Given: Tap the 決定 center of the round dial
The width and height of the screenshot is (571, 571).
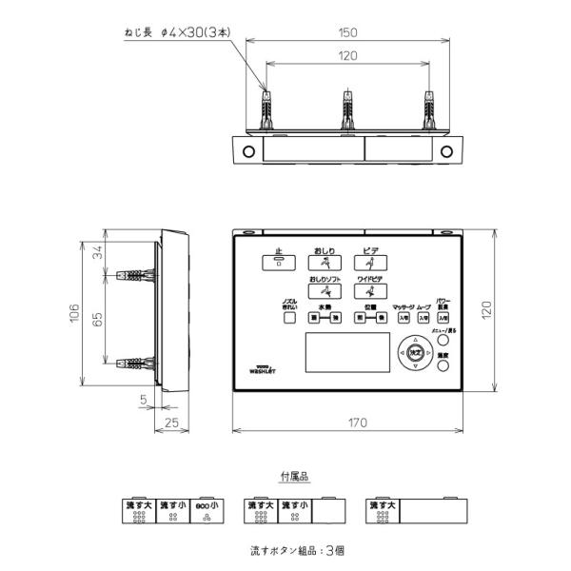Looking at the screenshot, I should [x=415, y=351].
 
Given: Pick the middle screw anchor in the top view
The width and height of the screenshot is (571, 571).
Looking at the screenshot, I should [x=347, y=110].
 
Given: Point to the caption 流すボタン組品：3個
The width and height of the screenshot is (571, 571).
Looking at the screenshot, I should [x=296, y=550].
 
